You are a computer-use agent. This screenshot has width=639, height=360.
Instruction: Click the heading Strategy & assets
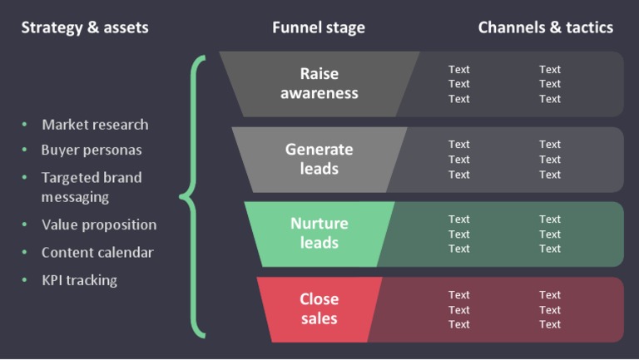[x=85, y=27]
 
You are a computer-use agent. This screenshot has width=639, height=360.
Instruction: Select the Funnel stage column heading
[x=318, y=27]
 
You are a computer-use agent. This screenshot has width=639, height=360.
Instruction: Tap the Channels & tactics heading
[x=545, y=27]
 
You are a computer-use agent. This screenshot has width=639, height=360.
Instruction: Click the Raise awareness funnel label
[x=319, y=83]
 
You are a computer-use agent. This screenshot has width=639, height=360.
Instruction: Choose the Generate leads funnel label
[x=319, y=159]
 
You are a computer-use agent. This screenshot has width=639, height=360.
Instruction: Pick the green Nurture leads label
[x=319, y=233]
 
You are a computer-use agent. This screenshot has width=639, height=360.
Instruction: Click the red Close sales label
[x=319, y=308]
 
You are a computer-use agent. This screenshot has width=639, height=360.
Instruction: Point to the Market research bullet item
[x=95, y=125]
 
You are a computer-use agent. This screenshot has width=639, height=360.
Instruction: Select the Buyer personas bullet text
[x=92, y=150]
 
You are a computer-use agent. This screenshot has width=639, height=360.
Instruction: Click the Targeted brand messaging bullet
[x=92, y=187]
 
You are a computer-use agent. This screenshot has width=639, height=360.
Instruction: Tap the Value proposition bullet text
[x=99, y=224]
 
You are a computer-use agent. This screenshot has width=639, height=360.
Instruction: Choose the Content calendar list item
[x=97, y=252]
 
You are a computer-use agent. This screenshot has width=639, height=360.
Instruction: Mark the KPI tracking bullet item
[x=79, y=280]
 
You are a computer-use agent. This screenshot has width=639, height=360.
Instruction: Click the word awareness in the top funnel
[x=319, y=93]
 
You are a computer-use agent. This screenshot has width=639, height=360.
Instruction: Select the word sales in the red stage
[x=319, y=318]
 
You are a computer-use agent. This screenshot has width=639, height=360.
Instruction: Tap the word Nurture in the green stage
[x=319, y=224]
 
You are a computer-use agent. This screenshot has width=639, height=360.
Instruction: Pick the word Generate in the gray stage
[x=319, y=150]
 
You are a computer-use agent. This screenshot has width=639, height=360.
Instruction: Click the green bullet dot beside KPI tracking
[x=24, y=280]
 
